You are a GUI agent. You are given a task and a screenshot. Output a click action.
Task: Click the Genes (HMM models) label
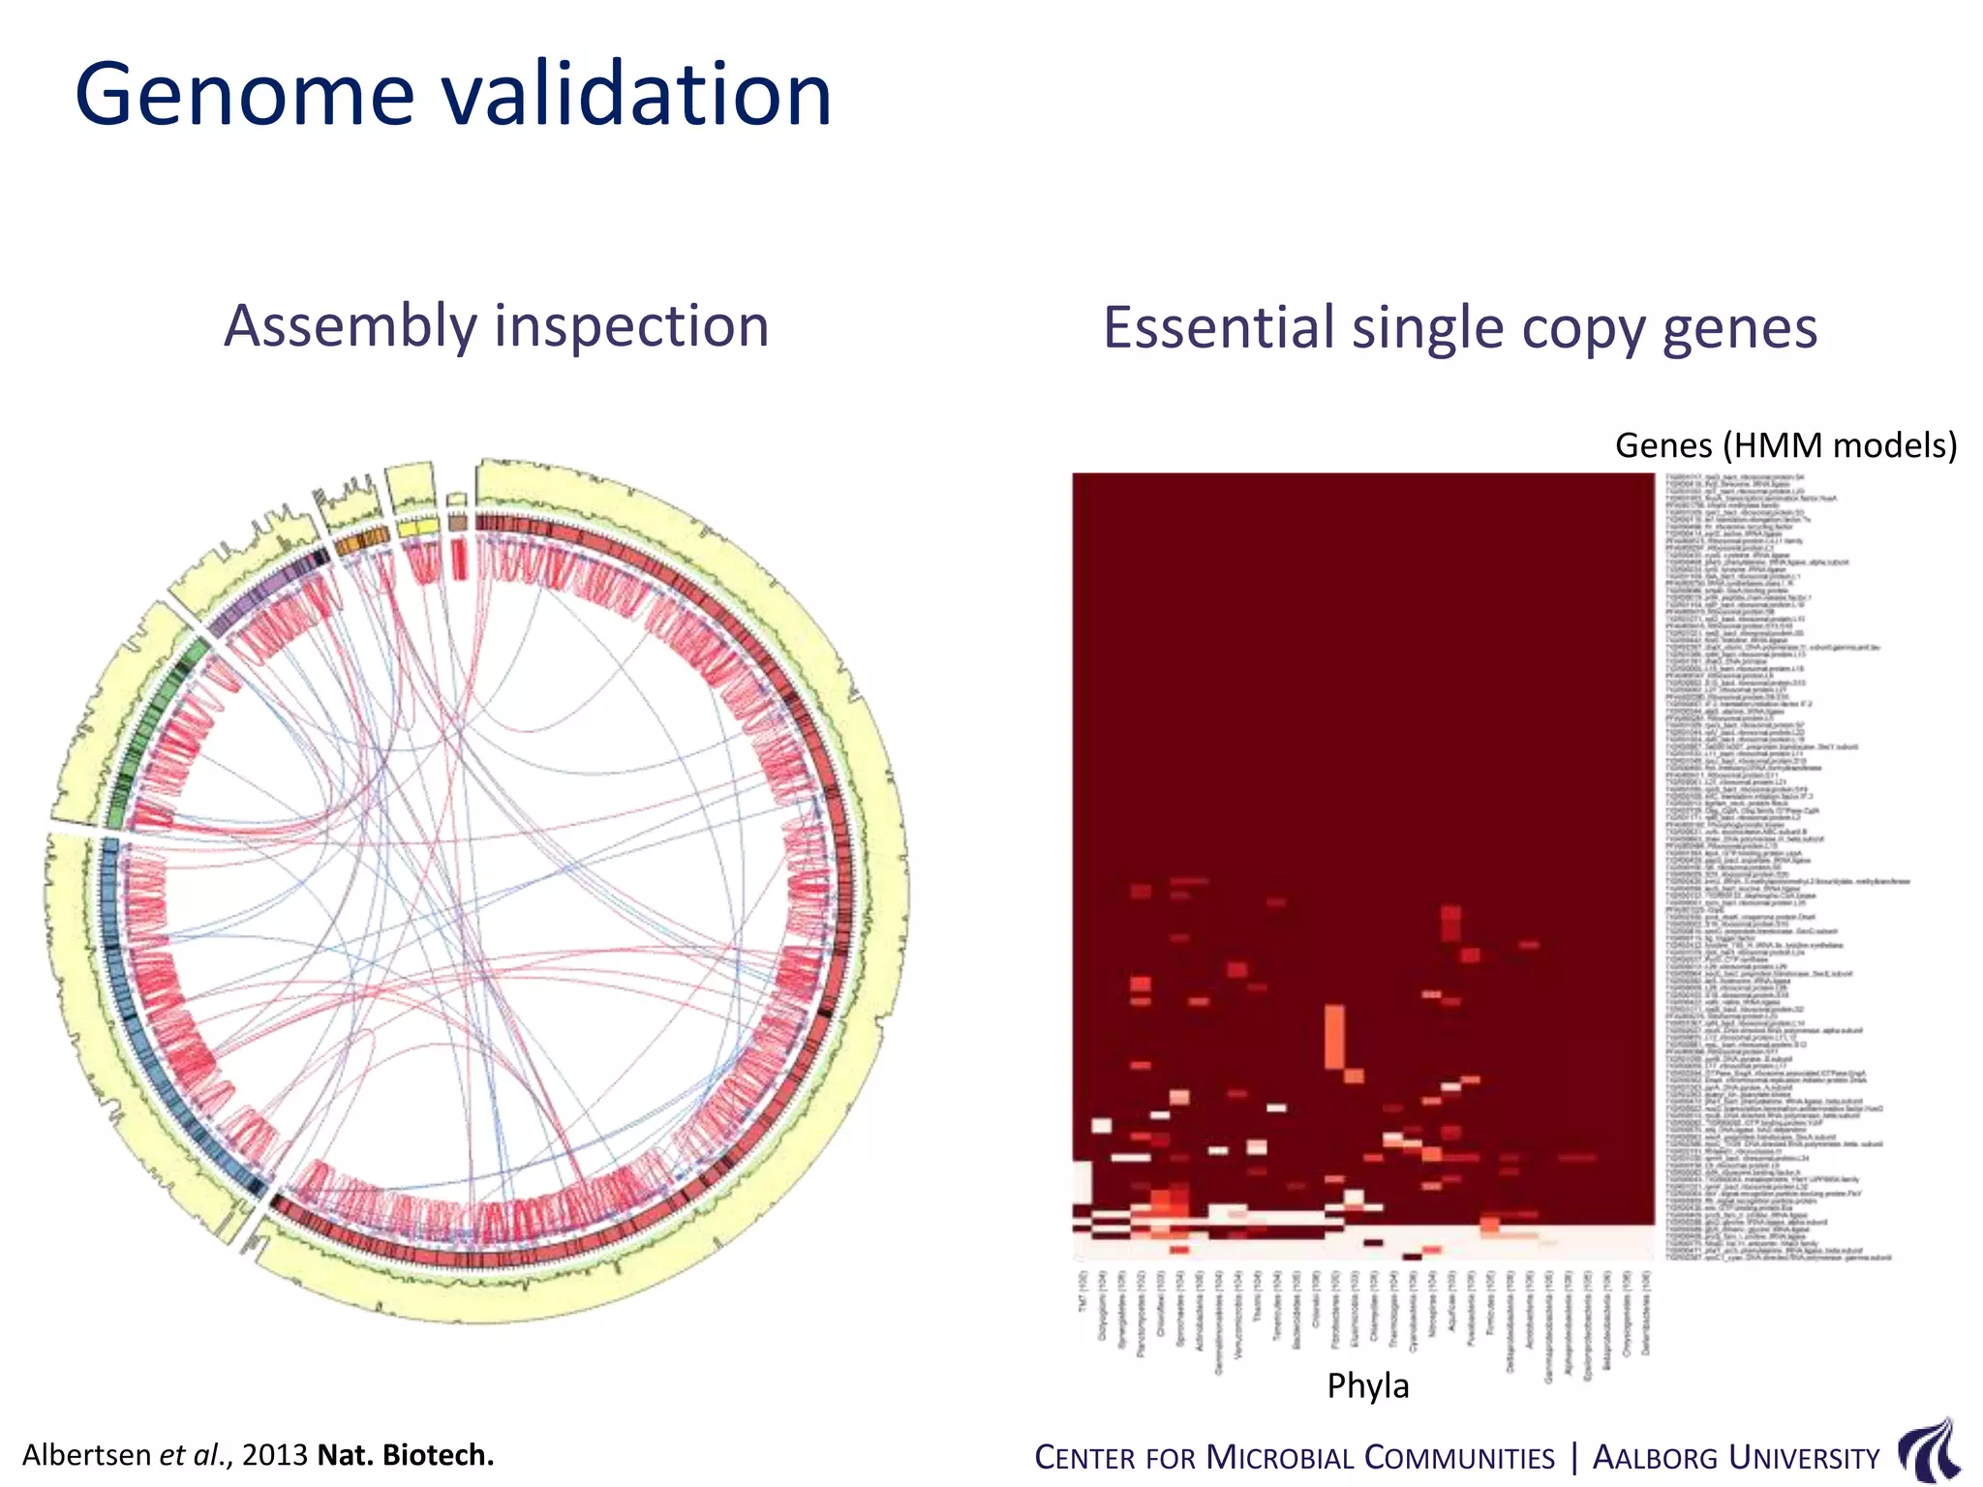[1785, 445]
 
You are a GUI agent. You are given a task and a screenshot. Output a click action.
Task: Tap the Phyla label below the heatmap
[1367, 1385]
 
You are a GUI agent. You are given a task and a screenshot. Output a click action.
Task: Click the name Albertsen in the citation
[87, 1455]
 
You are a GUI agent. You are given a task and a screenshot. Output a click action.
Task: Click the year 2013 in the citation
[275, 1455]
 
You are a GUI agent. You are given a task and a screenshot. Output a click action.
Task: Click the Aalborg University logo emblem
[1929, 1451]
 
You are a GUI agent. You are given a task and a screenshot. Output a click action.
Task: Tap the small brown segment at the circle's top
[458, 523]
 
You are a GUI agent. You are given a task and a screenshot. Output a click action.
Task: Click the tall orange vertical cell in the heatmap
[1333, 1036]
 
